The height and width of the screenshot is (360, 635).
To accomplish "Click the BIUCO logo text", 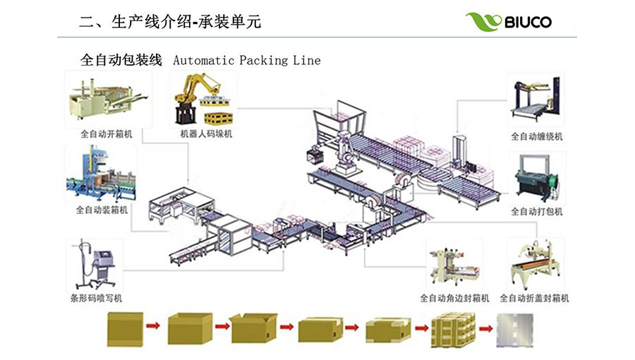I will pos(528,22).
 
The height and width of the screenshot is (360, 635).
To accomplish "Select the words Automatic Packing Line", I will pos(246,60).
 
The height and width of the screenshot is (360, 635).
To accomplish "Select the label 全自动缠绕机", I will pos(537,136).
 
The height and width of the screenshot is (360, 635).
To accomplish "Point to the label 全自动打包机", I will pos(537,211).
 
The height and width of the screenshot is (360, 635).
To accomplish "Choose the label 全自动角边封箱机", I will pos(455,298).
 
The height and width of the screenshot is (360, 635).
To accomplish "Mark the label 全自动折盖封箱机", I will pos(535,298).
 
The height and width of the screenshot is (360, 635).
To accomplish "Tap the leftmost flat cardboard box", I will pos(125,328).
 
